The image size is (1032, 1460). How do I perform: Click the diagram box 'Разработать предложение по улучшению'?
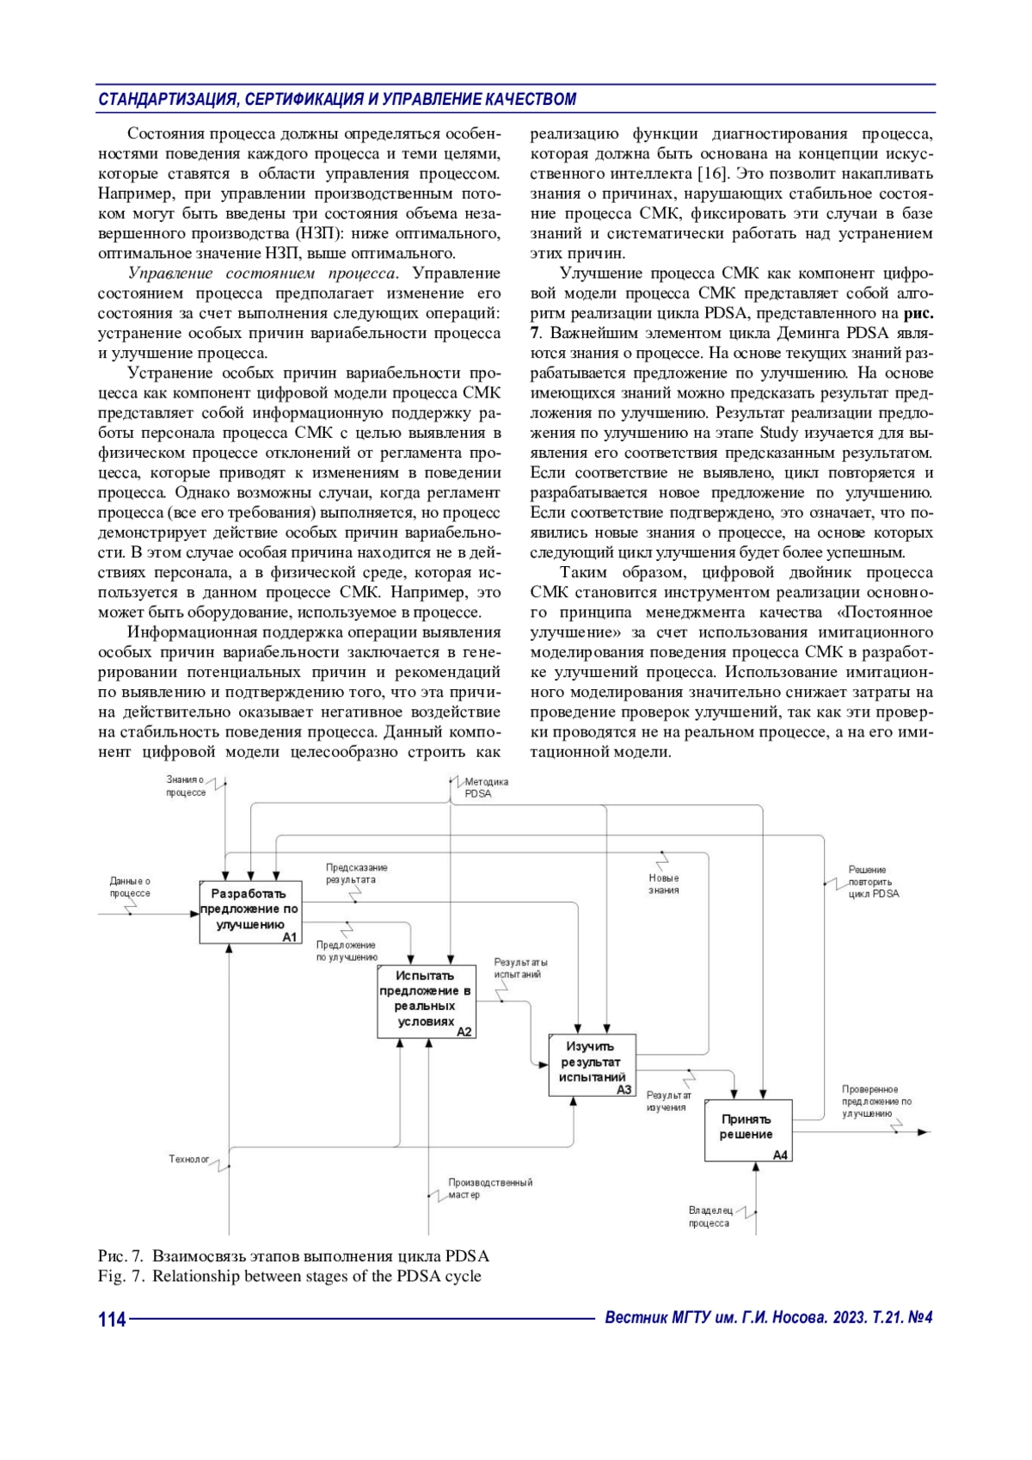coord(249,911)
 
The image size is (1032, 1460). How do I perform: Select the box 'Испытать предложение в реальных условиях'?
coord(426,1001)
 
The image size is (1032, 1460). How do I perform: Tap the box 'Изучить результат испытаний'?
coord(592,1064)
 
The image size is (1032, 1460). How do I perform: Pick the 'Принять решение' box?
coord(747,1129)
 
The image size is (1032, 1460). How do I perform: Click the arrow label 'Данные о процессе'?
coord(130,887)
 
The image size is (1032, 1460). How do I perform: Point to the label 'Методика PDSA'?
coord(486,788)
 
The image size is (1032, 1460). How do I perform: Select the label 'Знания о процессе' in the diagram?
coord(186,786)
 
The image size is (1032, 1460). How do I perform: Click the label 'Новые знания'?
coord(664,884)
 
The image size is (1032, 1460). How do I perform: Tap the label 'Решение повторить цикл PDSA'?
coord(873,882)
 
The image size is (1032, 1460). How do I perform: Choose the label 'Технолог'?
coord(188,1160)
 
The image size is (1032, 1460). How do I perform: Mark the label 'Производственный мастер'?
coord(489,1188)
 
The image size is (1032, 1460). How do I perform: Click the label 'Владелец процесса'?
coord(709,1217)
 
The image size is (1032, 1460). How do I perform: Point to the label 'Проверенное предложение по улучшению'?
coord(875,1101)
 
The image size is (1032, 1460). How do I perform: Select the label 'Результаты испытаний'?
coord(520,969)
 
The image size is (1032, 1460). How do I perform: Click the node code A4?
coord(779,1155)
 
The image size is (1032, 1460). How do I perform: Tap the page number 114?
coord(112,1319)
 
